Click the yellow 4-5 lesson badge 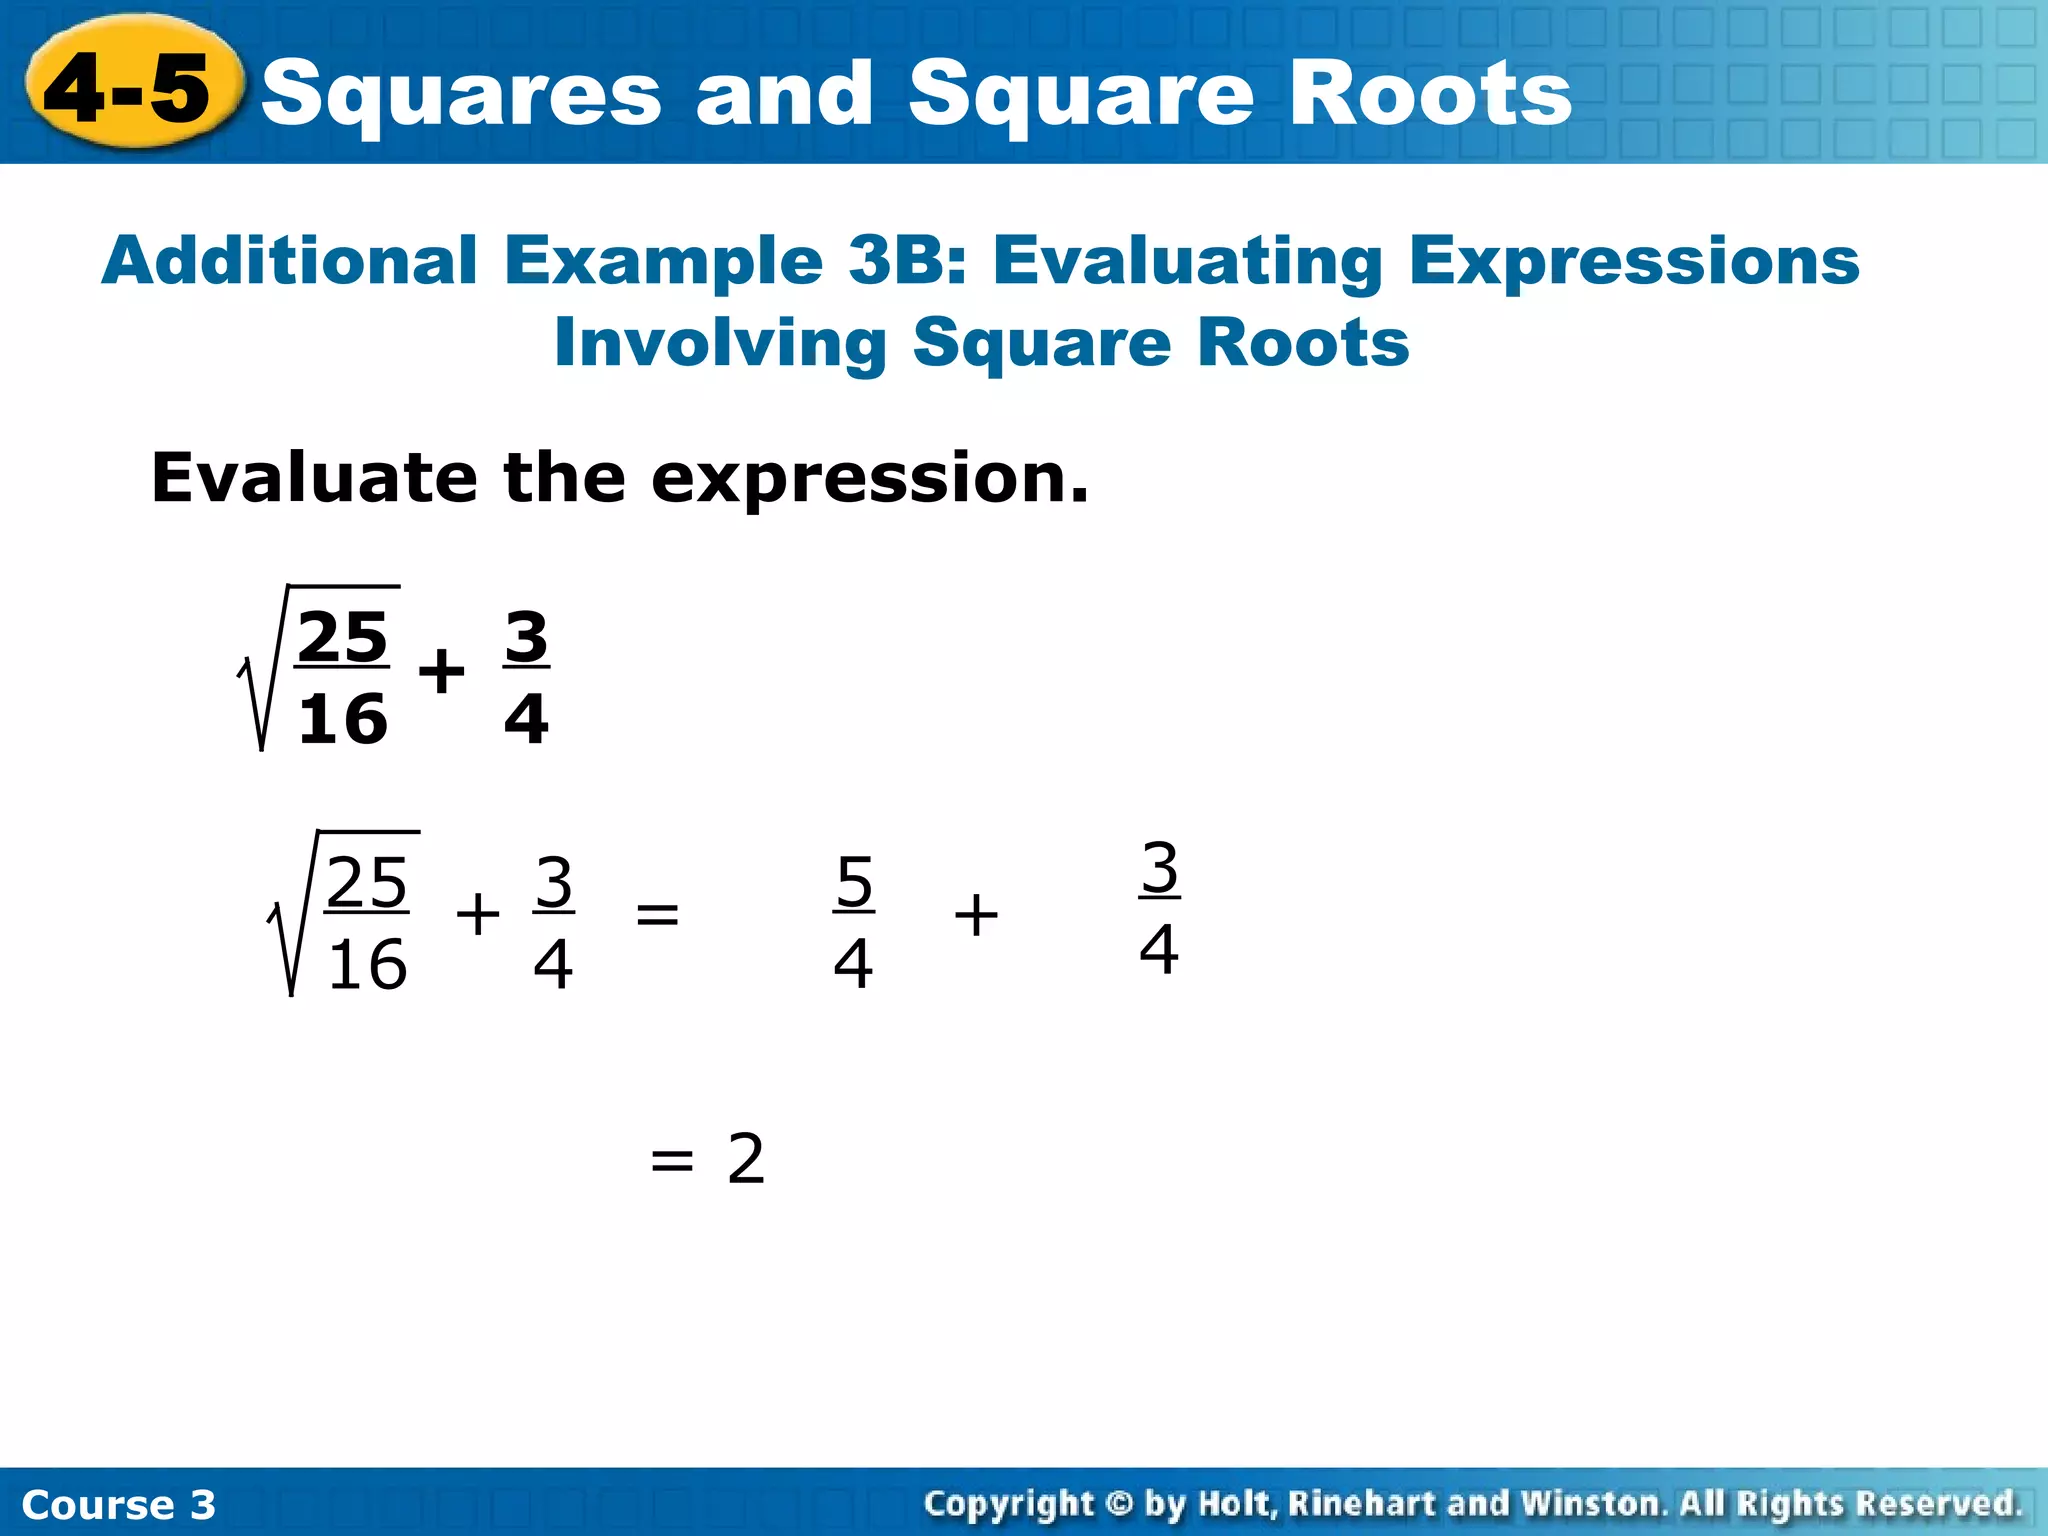(130, 88)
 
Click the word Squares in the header (460, 95)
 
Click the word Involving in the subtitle (720, 343)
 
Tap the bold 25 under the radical (343, 637)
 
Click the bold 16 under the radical (343, 719)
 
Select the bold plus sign (441, 671)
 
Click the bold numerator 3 (526, 637)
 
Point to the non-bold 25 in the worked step (367, 883)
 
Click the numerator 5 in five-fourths (854, 883)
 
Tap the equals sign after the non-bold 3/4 (657, 914)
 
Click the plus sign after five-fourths (976, 915)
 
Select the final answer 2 (746, 1159)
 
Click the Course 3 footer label (118, 1504)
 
